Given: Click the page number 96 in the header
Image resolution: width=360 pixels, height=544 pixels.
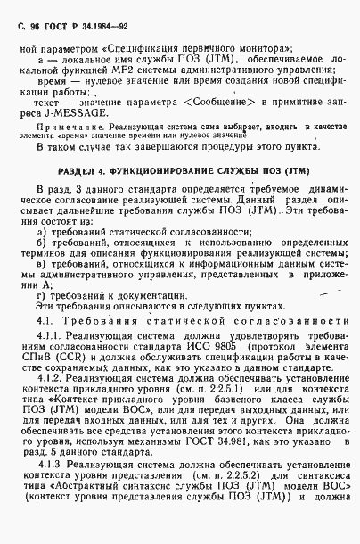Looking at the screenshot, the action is click(x=31, y=18).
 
